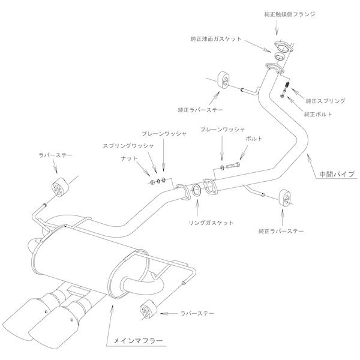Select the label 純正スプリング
click(325, 101)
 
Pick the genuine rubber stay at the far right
click(286, 198)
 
